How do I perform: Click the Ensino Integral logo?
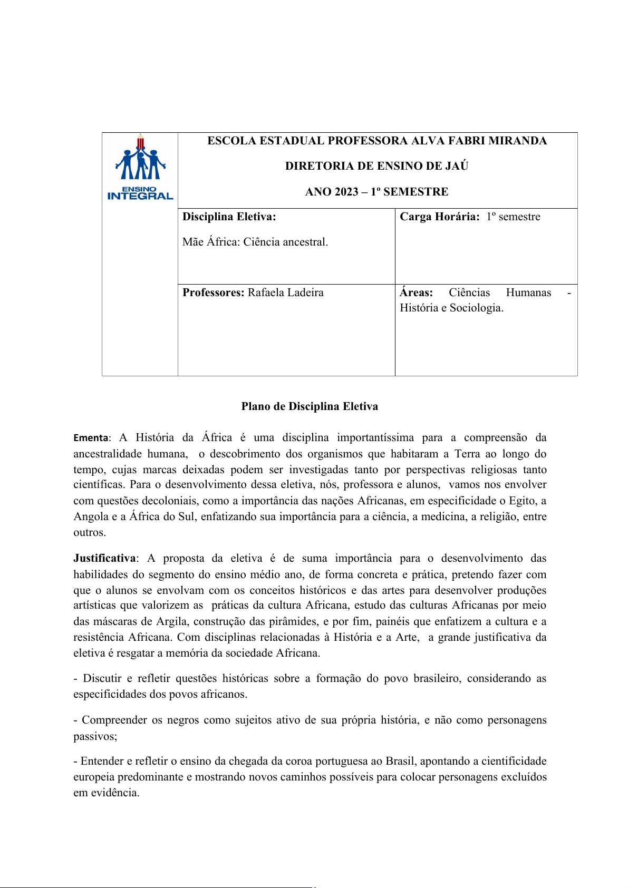click(140, 168)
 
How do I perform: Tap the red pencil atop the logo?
click(140, 141)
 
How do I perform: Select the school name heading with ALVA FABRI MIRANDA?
click(376, 141)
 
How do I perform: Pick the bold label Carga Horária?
click(439, 217)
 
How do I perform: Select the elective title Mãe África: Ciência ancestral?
click(255, 242)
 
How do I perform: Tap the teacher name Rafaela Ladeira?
click(286, 292)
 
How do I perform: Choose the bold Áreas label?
click(416, 292)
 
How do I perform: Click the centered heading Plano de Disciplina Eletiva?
click(310, 406)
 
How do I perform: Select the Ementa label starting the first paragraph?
click(91, 438)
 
